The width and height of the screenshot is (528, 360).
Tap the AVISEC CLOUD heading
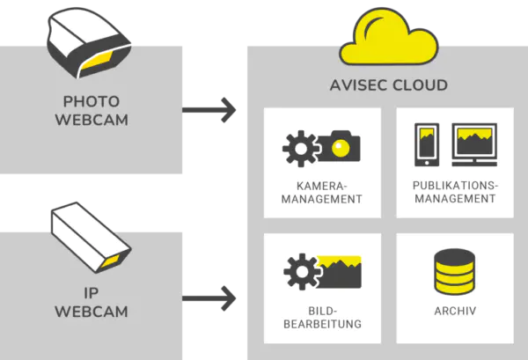pyautogui.click(x=389, y=85)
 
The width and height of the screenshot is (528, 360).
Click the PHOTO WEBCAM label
pyautogui.click(x=91, y=110)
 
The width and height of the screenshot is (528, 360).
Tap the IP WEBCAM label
pyautogui.click(x=91, y=303)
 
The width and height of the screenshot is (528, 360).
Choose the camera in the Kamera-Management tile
pyautogui.click(x=340, y=147)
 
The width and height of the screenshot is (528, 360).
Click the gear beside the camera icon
pyautogui.click(x=301, y=150)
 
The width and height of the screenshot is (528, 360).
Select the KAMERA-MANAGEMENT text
pyautogui.click(x=323, y=193)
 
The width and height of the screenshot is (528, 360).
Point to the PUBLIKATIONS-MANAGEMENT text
pyautogui.click(x=454, y=193)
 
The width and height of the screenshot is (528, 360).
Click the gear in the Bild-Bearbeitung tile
pyautogui.click(x=301, y=272)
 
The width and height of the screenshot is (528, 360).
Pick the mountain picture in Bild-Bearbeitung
pyautogui.click(x=342, y=272)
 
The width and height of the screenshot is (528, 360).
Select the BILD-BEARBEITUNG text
pyautogui.click(x=323, y=318)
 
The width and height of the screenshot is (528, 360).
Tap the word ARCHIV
pyautogui.click(x=455, y=312)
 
